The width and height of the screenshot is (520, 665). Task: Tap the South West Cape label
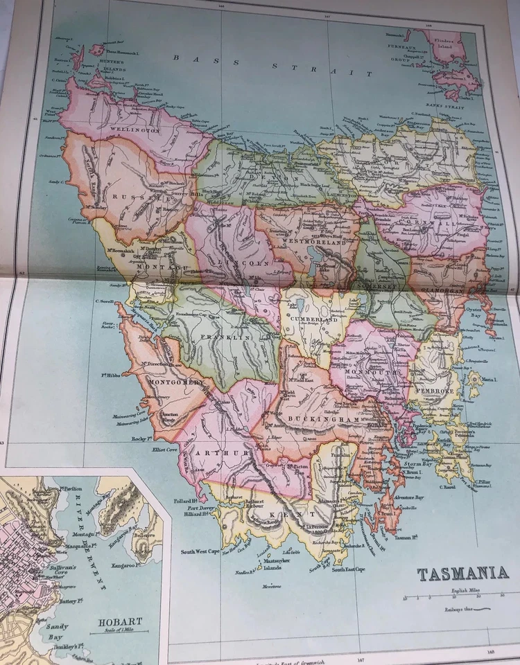click(x=200, y=551)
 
